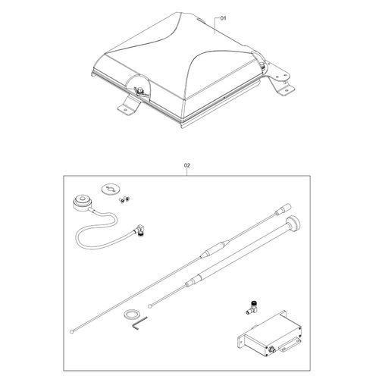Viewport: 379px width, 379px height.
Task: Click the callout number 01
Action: [x=224, y=18]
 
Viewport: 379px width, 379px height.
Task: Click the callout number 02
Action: [x=187, y=165]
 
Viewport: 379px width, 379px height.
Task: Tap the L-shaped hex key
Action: [x=139, y=323]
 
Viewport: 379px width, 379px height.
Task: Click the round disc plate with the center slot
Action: [x=111, y=189]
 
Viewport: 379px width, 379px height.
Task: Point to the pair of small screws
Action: [x=124, y=199]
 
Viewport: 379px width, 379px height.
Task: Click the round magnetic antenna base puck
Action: [x=83, y=202]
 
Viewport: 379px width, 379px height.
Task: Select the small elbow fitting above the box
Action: [x=252, y=307]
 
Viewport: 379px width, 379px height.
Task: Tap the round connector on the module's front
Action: [x=272, y=350]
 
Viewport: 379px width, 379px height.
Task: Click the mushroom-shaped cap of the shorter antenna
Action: [x=293, y=224]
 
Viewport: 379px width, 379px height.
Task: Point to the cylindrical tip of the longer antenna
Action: [x=283, y=209]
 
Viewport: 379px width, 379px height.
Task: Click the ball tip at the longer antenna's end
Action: [x=72, y=331]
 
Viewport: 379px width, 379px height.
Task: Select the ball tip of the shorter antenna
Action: [x=149, y=306]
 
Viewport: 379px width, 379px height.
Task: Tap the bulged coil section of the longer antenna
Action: [x=215, y=249]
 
